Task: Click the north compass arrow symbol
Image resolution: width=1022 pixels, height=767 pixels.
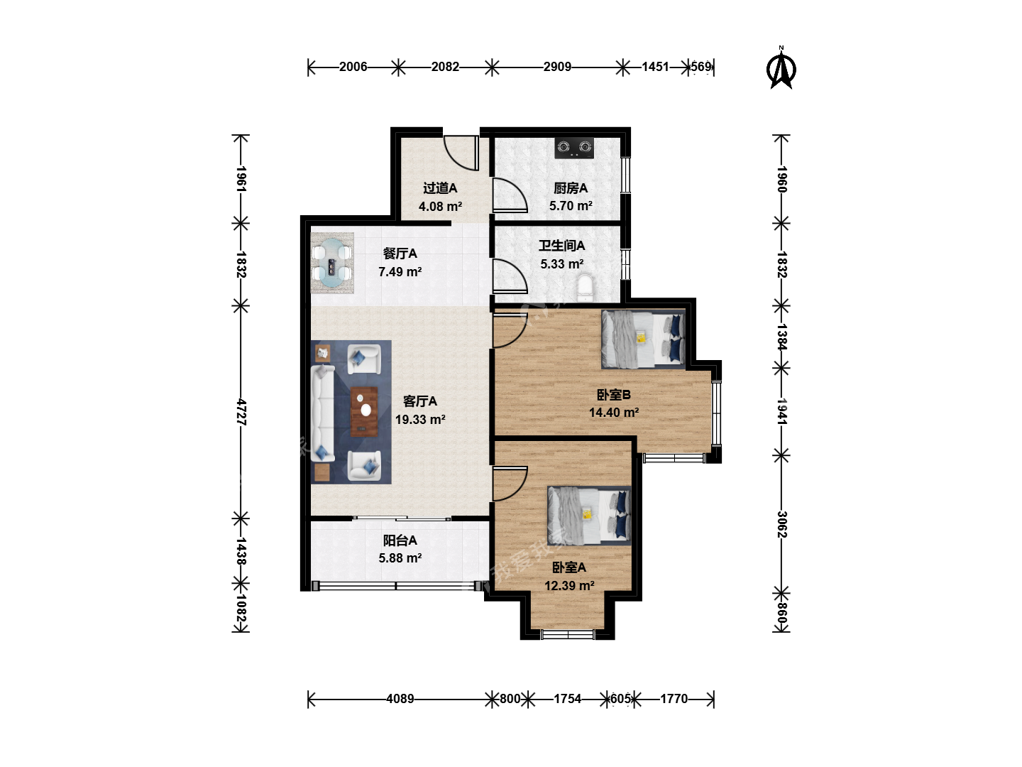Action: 781,69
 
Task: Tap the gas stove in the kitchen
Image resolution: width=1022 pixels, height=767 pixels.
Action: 574,148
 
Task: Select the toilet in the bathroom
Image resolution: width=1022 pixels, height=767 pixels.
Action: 586,288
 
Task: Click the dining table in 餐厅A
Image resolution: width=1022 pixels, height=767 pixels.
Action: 332,263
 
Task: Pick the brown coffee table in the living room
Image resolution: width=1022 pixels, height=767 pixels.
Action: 363,412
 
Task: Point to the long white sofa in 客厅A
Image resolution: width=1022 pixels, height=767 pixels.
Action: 323,413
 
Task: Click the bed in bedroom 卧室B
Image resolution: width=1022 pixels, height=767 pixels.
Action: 643,339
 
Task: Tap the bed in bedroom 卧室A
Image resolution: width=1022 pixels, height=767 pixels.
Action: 589,516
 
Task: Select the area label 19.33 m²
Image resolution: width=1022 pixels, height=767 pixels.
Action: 420,420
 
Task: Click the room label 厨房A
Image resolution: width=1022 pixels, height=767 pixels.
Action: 571,188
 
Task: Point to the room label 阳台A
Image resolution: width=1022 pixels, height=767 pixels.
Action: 400,540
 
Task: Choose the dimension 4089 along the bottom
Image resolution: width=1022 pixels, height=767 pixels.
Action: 400,699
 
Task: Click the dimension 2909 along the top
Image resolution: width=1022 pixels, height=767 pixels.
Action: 557,67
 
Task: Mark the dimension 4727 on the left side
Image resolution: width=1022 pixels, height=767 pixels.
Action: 241,412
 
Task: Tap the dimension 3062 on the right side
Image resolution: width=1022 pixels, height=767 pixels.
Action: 781,524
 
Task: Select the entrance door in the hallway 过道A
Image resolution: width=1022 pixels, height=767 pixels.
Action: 461,153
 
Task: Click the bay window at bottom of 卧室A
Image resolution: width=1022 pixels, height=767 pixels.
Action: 568,633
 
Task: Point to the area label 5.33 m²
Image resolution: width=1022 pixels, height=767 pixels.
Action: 562,264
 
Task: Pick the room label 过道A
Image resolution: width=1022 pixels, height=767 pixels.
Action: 440,188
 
